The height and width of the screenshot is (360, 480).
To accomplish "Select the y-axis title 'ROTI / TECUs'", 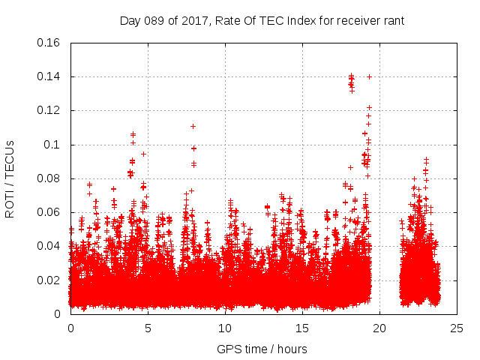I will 10,178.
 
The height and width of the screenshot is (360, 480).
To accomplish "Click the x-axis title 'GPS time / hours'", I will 262,349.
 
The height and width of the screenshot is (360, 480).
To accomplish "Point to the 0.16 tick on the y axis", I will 50,43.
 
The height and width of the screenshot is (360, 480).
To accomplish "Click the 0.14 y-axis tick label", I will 50,76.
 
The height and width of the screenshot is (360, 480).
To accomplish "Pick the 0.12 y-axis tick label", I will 50,110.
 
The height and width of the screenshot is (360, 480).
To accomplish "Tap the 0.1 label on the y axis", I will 54,144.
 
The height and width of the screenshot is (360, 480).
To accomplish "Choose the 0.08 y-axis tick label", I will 50,178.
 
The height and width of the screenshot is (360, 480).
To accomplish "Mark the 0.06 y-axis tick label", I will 50,212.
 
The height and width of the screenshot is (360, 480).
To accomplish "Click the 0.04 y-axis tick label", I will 50,246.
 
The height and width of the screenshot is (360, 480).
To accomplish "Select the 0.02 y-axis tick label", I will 50,280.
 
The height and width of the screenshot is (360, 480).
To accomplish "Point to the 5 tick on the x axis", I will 148,328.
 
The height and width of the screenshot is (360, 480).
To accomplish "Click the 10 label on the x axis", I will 225,328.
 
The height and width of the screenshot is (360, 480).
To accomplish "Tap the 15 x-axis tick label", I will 302,328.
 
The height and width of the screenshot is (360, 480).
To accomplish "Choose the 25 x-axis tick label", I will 456,328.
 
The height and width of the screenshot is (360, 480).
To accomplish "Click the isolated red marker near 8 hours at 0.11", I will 193,126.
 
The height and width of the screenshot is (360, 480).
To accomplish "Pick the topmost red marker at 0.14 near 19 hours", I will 370,76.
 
